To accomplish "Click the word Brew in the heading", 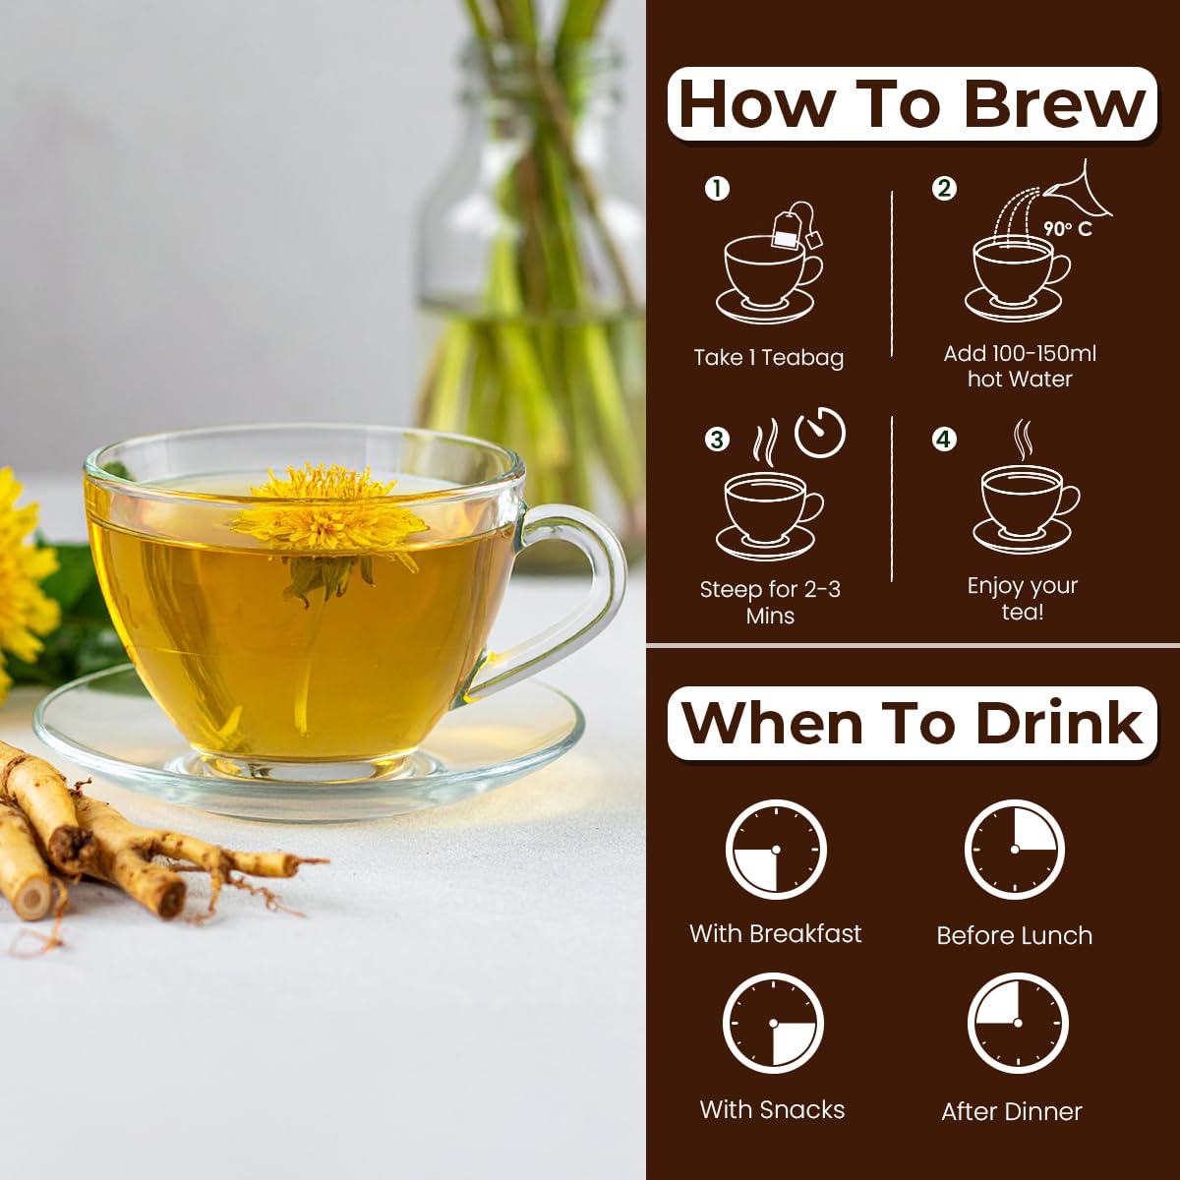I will click(1054, 104).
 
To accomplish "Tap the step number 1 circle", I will click(717, 188).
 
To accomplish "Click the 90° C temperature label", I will click(1067, 229).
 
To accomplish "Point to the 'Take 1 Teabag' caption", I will click(768, 358).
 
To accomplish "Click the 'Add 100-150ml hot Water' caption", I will click(1020, 366).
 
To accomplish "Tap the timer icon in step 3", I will click(819, 433).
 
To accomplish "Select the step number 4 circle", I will click(944, 439).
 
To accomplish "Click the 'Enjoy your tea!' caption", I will click(1022, 598).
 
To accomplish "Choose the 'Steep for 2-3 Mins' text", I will click(769, 602).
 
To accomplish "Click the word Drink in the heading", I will click(1059, 724).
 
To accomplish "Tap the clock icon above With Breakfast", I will click(775, 850).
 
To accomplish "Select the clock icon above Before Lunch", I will click(1014, 850).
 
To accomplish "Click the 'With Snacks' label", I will click(772, 1109).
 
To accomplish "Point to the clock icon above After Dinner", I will click(1017, 1024).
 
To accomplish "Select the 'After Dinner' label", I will click(1011, 1111).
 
